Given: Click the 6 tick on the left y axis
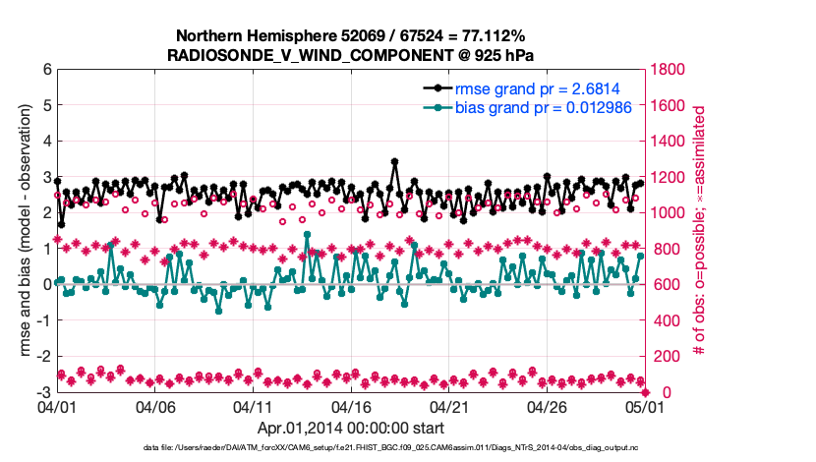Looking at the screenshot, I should (46, 70).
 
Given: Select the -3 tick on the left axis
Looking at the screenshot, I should (44, 392).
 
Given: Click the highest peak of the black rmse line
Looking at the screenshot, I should (394, 161).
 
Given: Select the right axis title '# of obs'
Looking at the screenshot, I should (700, 231).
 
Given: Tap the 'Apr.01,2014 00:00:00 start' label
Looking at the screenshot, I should (351, 428).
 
